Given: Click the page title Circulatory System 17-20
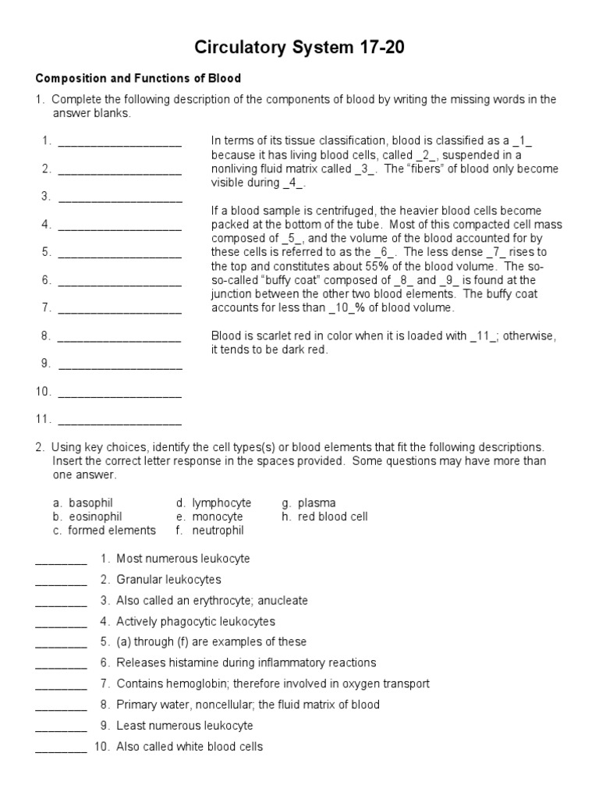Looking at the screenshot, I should [x=299, y=48].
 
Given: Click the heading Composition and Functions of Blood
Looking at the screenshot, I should [x=138, y=79].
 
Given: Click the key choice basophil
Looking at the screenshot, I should [x=90, y=503].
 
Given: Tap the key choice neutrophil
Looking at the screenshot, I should [x=218, y=531].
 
